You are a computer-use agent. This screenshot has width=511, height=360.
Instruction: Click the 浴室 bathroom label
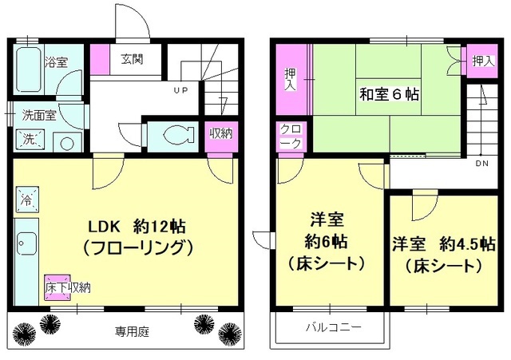(56, 61)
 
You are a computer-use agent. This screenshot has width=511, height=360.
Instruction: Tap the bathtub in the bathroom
(28, 70)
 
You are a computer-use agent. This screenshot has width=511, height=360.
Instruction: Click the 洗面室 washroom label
(38, 114)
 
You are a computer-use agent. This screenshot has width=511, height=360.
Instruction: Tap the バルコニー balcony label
(335, 327)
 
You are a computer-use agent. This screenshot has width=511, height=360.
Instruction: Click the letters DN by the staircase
(481, 164)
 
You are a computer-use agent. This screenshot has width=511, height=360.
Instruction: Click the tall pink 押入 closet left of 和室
(291, 80)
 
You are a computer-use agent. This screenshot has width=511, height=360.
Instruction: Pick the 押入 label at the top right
(482, 60)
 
